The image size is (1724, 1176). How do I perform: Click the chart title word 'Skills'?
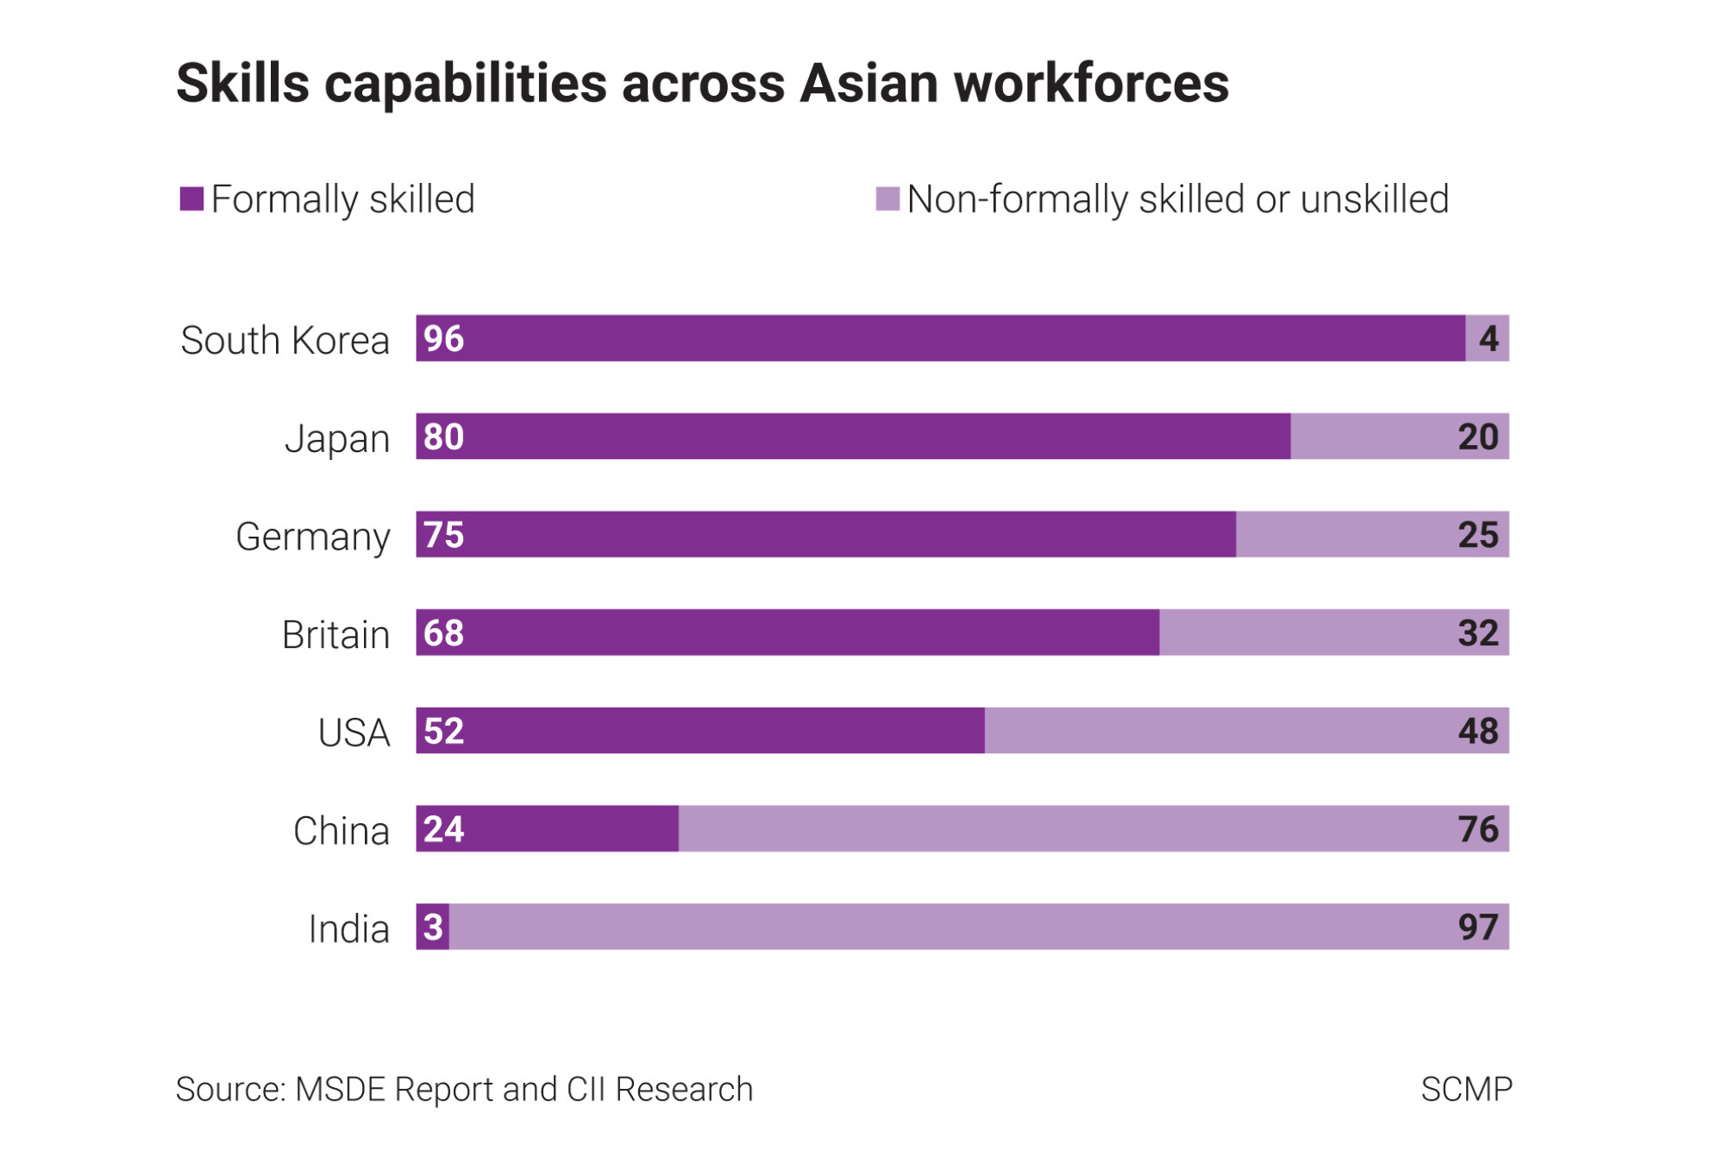coord(242,84)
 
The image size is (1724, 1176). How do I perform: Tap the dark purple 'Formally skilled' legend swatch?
coord(191,199)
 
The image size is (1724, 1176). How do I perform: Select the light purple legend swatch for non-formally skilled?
coord(887,199)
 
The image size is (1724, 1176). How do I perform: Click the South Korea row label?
coord(285,340)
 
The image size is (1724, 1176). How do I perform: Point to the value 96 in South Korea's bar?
coord(443,338)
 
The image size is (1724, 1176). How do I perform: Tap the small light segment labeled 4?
coord(1488,338)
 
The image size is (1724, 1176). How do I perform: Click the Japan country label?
coord(337,438)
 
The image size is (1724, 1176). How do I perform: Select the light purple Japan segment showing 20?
coord(1399,437)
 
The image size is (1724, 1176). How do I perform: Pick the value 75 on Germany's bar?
coord(443,535)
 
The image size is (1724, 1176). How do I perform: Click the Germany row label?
coord(312,537)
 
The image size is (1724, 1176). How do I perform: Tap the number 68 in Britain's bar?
coord(443,633)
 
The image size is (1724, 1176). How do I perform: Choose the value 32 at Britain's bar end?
coord(1477,633)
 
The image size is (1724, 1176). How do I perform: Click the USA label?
coord(354,733)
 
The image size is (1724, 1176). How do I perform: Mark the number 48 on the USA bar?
coord(1477,731)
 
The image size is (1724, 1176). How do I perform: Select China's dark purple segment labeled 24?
coord(547,829)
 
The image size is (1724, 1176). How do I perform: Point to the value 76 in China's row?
coord(1477,829)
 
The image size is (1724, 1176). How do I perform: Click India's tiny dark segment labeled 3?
coord(432,928)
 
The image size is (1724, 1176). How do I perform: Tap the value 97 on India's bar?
coord(1477,928)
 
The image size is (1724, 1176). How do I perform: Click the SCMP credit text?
coord(1466,1090)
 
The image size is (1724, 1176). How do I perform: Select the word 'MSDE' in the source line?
coord(341,1090)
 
